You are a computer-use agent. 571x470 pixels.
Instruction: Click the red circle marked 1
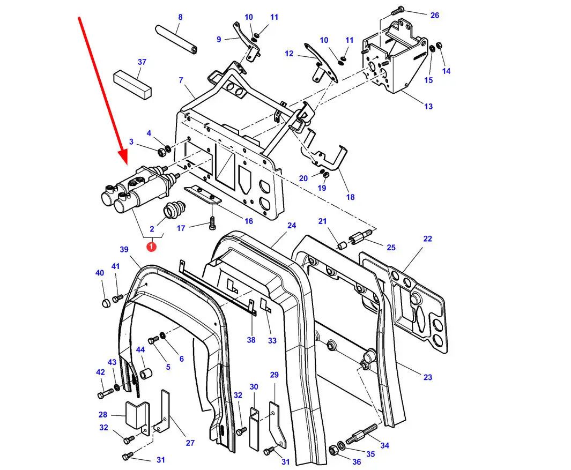tap(151, 247)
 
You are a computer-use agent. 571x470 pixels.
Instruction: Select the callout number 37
tap(142, 62)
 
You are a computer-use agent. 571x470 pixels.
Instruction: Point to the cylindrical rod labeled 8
tap(176, 39)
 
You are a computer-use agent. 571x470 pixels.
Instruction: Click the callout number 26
tap(435, 16)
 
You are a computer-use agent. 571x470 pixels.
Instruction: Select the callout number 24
tap(292, 225)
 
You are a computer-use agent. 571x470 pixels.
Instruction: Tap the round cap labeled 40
tap(105, 303)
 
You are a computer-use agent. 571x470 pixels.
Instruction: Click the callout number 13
tap(428, 106)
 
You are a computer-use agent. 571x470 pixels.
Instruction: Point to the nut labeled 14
tap(439, 46)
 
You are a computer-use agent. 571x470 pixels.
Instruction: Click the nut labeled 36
tap(333, 450)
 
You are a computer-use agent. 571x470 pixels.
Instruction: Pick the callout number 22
tap(427, 239)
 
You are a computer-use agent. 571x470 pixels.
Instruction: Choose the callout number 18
tap(350, 197)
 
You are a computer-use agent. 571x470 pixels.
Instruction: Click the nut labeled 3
tap(162, 152)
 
